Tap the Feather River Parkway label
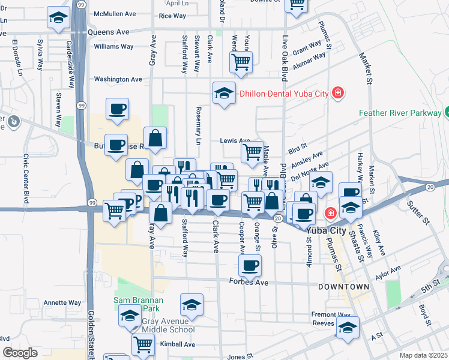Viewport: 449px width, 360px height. pos(401,112)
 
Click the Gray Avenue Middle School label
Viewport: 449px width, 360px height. pos(169,325)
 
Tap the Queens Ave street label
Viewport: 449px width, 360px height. pos(108,31)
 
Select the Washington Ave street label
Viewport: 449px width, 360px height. pos(118,79)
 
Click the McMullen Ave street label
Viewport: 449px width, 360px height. pos(115,14)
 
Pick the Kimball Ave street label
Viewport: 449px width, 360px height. pos(178,344)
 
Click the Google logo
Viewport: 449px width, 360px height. pos(20,352)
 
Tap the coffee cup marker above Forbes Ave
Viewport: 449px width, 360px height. pos(250,264)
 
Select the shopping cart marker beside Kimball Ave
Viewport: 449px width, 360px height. pos(143,344)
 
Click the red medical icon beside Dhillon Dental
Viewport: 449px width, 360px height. pos(338,93)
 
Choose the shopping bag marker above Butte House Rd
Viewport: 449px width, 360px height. pos(155,137)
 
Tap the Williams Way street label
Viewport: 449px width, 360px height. pos(113,46)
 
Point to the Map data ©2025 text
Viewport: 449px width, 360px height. pos(423,355)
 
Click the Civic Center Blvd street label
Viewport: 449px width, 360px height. pos(26,178)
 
